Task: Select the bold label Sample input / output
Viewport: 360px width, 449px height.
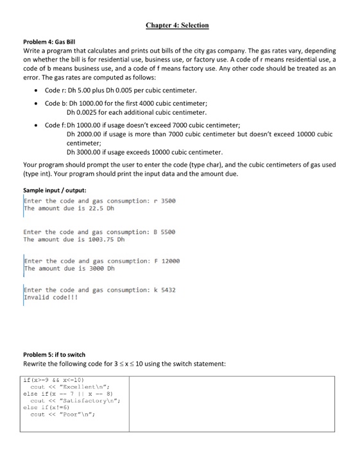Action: [x=51, y=191]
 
